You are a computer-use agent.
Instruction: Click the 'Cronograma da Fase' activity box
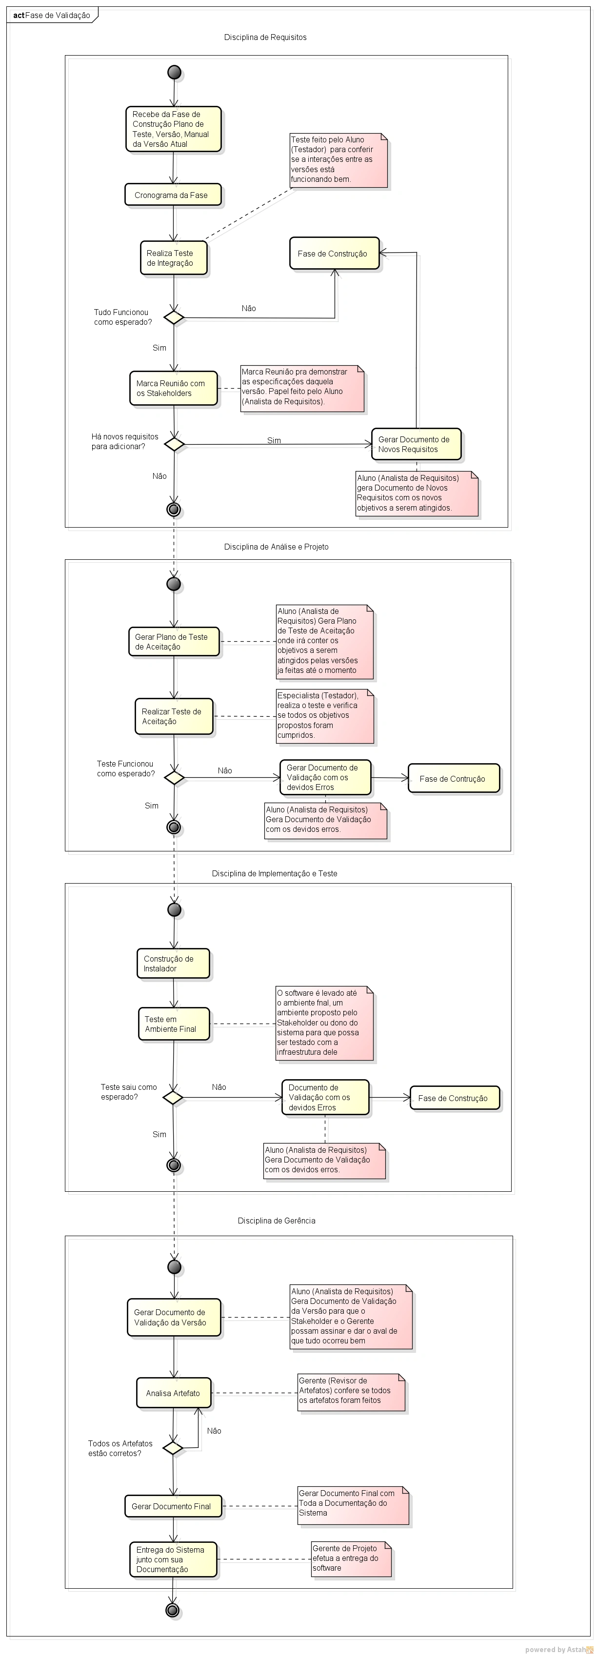[172, 195]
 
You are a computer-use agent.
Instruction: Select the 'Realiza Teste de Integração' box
[174, 258]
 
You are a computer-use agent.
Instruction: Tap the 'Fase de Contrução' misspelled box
[453, 778]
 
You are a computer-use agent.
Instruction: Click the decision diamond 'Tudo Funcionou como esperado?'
[174, 317]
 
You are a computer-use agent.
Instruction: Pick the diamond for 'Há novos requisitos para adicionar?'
[174, 444]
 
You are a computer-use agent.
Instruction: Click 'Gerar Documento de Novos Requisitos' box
[416, 444]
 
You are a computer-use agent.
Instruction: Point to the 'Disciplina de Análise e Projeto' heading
[276, 547]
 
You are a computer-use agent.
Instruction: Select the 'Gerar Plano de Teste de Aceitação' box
[174, 642]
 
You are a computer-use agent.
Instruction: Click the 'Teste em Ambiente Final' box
[174, 1024]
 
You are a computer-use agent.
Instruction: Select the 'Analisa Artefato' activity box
[173, 1393]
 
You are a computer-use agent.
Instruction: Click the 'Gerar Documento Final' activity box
[172, 1506]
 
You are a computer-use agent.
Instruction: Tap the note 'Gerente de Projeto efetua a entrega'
[350, 1558]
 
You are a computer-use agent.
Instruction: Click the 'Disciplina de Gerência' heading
[276, 1221]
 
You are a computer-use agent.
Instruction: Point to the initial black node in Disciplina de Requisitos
[174, 72]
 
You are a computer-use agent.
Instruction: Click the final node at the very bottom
[172, 1610]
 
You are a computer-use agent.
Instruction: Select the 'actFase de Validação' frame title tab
[51, 15]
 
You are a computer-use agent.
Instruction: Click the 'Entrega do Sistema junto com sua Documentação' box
[172, 1559]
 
